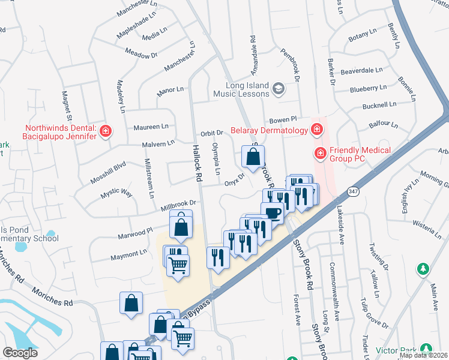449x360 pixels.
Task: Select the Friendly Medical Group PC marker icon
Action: pos(321,154)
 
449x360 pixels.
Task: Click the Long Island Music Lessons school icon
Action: pos(279,89)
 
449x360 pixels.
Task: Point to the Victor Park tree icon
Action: pos(426,349)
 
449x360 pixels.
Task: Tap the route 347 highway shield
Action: pos(352,191)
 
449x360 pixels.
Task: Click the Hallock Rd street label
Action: pos(196,163)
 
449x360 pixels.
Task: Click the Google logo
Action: pos(20,353)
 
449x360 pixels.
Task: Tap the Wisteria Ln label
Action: pos(428,227)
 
